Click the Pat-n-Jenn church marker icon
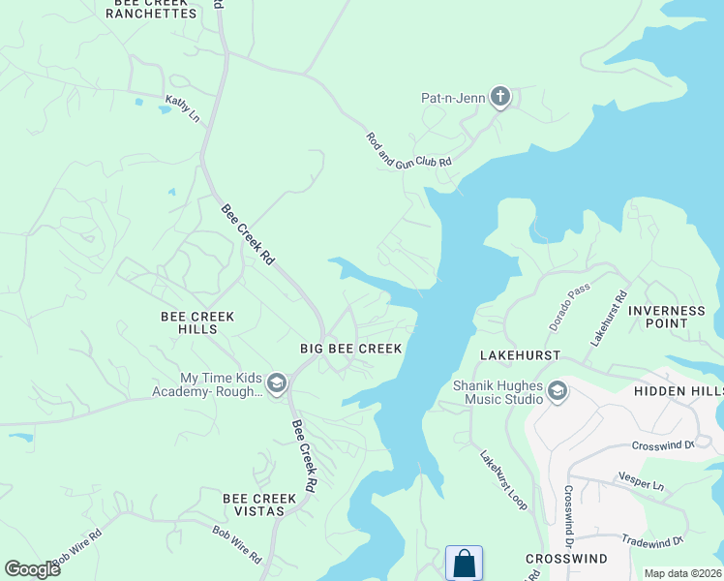(499, 95)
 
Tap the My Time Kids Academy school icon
(277, 384)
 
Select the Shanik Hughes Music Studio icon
(557, 391)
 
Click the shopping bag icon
(464, 564)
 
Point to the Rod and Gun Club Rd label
(408, 151)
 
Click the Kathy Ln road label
(182, 107)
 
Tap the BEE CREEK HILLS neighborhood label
(197, 322)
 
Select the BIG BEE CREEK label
(350, 348)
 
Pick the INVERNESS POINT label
(667, 317)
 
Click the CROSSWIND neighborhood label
(566, 560)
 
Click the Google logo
(32, 569)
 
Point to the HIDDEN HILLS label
(679, 390)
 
